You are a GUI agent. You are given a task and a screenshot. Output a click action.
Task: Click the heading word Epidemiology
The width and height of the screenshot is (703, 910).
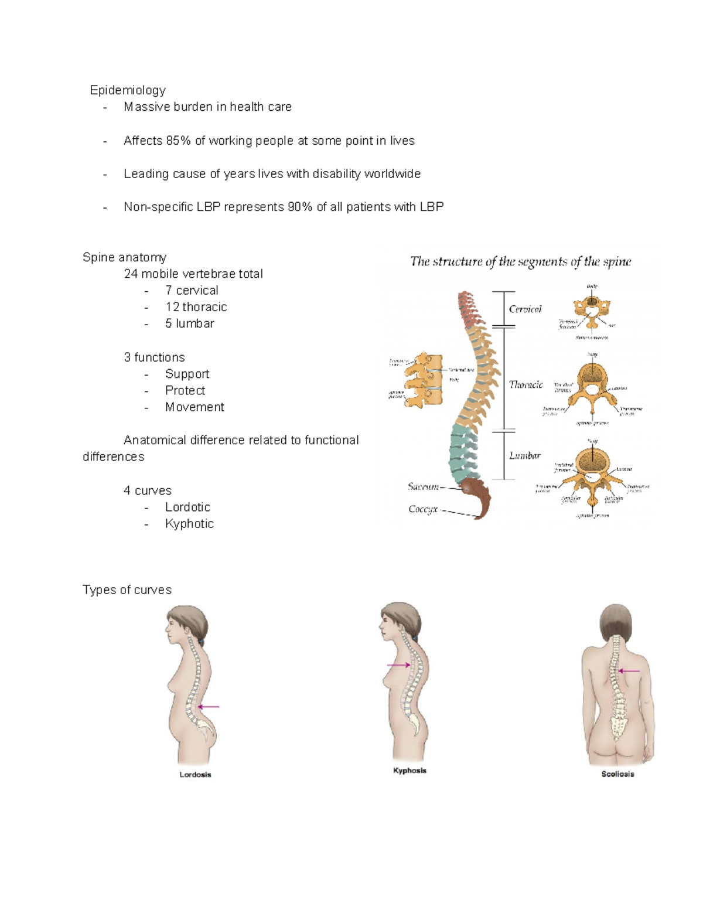coord(128,90)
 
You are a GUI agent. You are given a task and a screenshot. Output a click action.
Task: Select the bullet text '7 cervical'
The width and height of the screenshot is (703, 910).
coord(192,291)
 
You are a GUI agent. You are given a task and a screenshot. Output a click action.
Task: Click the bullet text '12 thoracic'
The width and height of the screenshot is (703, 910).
coord(196,307)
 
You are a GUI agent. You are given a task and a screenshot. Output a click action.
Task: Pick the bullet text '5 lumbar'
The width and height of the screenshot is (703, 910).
coord(189,323)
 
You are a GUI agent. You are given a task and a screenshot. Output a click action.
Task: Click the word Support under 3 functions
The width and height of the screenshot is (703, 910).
coord(187,374)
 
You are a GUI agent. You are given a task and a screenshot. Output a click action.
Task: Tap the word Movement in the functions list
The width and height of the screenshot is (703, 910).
coord(194,407)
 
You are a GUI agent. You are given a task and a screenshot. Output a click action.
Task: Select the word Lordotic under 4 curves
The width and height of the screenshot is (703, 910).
coord(187,507)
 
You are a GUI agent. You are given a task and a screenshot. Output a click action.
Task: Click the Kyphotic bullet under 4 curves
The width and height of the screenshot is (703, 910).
coord(189,524)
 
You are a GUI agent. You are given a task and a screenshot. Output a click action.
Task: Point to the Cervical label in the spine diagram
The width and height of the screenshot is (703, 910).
coord(525,309)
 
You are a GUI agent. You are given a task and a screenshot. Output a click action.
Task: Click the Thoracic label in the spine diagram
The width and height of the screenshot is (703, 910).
coord(525,385)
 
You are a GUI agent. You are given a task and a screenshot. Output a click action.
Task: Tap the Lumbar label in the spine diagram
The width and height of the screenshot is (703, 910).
coord(524,456)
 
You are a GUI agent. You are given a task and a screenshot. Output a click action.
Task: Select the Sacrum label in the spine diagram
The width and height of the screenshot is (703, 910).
coord(423,487)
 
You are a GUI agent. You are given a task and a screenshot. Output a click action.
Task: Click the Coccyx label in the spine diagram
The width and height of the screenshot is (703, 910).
coord(423,510)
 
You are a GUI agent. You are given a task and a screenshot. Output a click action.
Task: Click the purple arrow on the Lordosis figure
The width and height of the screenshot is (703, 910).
coord(209,707)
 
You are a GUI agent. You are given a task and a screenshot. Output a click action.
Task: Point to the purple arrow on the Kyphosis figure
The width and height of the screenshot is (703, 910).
coord(399,665)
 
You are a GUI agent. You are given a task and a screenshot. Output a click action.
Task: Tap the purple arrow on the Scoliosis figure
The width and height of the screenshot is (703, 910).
coord(629,672)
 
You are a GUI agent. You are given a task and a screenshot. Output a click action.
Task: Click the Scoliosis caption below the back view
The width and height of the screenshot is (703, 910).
coord(617,774)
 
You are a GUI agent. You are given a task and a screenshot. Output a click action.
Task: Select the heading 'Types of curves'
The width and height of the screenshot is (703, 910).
coord(127,590)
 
